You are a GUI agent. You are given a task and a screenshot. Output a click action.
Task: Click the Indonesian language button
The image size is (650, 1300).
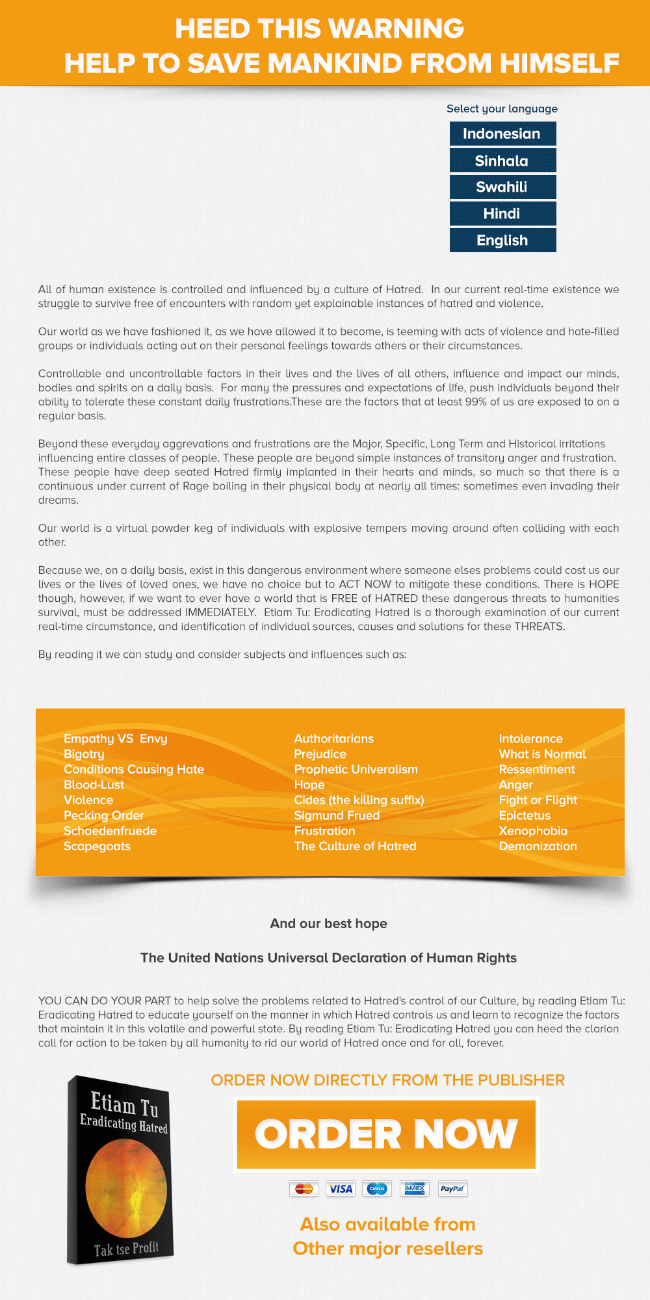coord(502,134)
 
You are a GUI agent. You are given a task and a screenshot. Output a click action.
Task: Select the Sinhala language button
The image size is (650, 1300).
coord(502,161)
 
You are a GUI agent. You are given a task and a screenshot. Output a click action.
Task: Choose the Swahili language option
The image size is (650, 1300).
coord(502,187)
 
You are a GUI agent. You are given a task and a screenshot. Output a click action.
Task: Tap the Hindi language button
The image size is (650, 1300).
coord(502,214)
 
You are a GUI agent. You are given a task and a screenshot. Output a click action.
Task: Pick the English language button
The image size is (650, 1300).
coord(502,240)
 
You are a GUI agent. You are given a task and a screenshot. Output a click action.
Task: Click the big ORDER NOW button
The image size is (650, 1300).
coord(387,1134)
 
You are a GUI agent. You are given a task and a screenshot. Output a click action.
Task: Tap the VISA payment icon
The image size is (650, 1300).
coord(340,1189)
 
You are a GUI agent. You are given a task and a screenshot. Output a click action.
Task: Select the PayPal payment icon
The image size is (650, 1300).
coord(452,1189)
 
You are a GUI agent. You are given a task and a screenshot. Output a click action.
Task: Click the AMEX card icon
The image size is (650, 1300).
coord(415,1189)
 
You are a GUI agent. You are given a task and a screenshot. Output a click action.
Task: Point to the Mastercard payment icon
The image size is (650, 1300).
coord(304,1189)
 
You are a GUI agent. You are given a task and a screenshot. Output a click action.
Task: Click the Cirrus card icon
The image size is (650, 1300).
coord(377,1189)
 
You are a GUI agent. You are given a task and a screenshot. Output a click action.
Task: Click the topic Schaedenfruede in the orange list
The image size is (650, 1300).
coord(110,831)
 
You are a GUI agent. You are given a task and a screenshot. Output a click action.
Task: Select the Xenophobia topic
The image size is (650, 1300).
coord(533,831)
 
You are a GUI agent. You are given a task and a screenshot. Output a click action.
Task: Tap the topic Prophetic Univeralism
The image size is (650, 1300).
coord(356,769)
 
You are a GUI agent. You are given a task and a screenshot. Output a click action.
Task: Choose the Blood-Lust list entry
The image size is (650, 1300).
coord(94,785)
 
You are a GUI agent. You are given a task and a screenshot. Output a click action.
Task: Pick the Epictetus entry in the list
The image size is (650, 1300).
coord(525,815)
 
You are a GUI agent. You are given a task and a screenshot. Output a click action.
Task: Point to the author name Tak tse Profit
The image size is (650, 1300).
coord(126,1249)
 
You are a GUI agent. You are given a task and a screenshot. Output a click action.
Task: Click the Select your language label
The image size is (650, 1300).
coord(502,109)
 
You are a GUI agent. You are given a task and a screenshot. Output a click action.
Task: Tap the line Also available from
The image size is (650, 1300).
coord(387,1225)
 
